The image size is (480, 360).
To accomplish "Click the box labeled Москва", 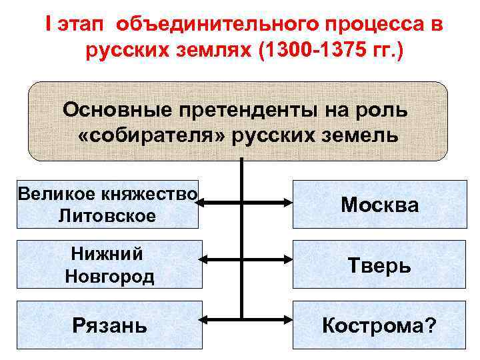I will pyautogui.click(x=380, y=205).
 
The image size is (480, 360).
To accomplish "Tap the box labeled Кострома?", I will pyautogui.click(x=380, y=325).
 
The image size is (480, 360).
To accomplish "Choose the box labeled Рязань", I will pyautogui.click(x=109, y=325).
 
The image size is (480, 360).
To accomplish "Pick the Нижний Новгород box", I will pyautogui.click(x=109, y=265).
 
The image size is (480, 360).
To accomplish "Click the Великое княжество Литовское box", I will pyautogui.click(x=109, y=205).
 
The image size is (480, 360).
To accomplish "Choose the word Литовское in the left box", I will pyautogui.click(x=107, y=216).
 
